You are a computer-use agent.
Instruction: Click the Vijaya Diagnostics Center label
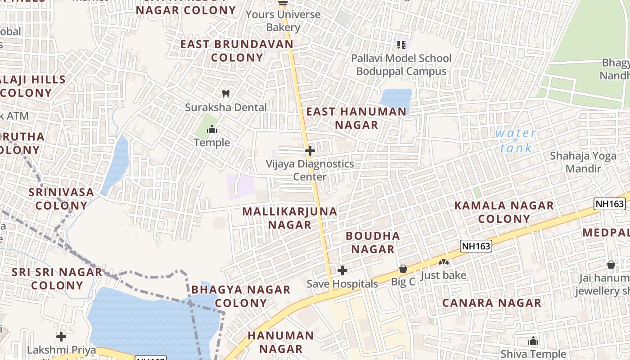[310, 170]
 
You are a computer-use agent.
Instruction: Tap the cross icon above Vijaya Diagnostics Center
[310, 150]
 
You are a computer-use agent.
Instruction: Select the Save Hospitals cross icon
[342, 270]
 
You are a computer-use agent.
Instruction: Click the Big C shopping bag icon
[403, 269]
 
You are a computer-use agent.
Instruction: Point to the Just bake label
[443, 275]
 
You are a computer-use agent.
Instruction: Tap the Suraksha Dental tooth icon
[226, 94]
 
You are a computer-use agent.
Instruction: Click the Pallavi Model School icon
[401, 45]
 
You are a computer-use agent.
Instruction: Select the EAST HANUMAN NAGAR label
[356, 118]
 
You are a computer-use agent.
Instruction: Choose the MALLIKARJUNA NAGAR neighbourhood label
[290, 218]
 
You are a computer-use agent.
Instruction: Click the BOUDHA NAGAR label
[373, 243]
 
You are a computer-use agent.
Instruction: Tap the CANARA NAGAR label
[491, 303]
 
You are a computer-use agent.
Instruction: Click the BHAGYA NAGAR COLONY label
[241, 296]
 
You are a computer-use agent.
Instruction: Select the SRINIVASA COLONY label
[61, 199]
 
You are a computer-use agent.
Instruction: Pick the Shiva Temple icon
[533, 341]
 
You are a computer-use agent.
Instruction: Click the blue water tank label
[516, 140]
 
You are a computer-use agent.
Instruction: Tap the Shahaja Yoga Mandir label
[583, 162]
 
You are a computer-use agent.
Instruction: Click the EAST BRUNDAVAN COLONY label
[237, 51]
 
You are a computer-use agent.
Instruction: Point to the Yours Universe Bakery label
[283, 21]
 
